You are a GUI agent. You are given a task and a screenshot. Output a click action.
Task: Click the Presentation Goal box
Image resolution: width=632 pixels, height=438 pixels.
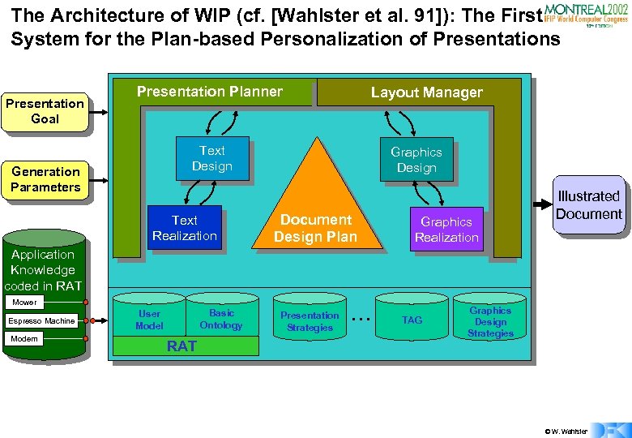pos(45,111)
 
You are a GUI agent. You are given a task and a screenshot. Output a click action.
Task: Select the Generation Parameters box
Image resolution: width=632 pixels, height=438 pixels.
pos(45,179)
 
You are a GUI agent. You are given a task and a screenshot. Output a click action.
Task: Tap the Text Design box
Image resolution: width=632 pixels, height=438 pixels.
pos(211,158)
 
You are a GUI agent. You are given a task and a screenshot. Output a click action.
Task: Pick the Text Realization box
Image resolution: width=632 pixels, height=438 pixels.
pos(184,228)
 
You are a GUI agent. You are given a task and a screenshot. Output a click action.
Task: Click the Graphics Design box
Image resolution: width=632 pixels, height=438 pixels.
pos(416,160)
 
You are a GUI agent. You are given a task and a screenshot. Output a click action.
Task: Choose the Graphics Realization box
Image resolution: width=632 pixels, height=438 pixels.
pos(446,230)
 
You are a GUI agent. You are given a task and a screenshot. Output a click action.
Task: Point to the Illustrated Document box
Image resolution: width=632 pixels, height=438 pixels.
pos(588,205)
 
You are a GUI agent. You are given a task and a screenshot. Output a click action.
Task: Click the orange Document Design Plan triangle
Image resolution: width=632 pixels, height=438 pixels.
pos(315,219)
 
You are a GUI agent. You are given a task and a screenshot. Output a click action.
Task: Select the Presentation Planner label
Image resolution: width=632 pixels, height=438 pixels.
pos(210,92)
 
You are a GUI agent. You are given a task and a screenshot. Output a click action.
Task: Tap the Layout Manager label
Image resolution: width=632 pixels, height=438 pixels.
pos(426,92)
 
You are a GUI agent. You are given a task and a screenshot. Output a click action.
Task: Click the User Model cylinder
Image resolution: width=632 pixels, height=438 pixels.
pos(150,320)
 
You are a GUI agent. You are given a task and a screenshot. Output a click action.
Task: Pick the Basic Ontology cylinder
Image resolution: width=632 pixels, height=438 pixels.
pos(221,319)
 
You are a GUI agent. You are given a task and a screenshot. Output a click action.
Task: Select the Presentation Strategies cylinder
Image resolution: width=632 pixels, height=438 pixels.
pos(310,321)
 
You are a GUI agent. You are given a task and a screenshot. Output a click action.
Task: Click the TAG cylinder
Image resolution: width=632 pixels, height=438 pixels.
pos(412,320)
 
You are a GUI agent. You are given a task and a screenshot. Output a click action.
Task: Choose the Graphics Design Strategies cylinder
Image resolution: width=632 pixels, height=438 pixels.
pos(490,321)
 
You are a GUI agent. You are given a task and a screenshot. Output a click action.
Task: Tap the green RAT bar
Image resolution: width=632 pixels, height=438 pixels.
pos(181,346)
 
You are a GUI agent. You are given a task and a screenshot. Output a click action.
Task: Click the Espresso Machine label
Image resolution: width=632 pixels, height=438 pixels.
pos(41,321)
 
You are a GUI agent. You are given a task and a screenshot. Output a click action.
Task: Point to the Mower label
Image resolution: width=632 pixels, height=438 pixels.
pos(24,303)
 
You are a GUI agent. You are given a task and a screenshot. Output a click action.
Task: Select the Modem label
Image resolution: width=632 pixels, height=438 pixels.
pos(23,338)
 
